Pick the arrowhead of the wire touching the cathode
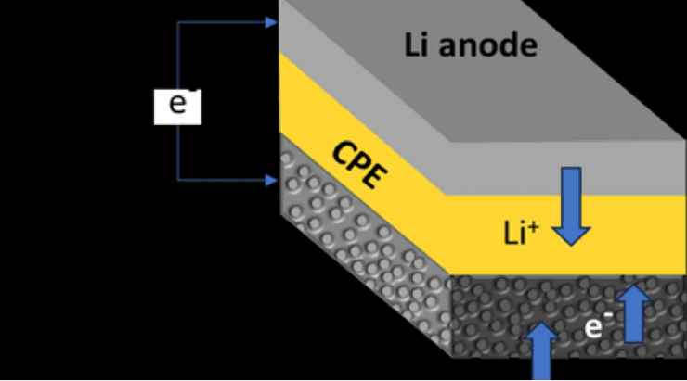pyautogui.click(x=271, y=178)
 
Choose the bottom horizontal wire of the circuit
pyautogui.click(x=223, y=178)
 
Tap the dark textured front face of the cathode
pyautogui.click(x=501, y=315)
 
